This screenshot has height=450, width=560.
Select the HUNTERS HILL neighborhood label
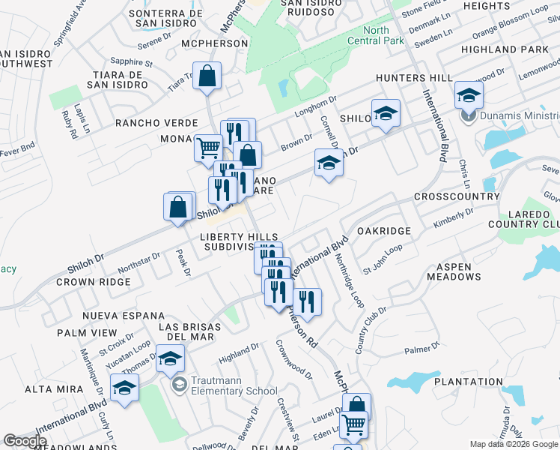point(414,78)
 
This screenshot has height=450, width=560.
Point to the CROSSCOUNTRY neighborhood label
point(456,196)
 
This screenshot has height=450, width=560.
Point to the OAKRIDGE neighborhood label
point(384,232)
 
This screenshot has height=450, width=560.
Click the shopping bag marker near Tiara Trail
point(207,76)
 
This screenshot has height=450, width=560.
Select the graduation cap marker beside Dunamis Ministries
point(469,95)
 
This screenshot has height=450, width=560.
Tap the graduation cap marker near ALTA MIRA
point(124,388)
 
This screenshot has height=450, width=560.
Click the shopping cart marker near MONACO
point(208,147)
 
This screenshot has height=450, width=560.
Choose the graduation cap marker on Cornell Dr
point(328,163)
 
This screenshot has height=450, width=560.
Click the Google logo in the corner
point(25,441)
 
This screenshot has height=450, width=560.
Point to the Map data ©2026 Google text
point(514,444)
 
